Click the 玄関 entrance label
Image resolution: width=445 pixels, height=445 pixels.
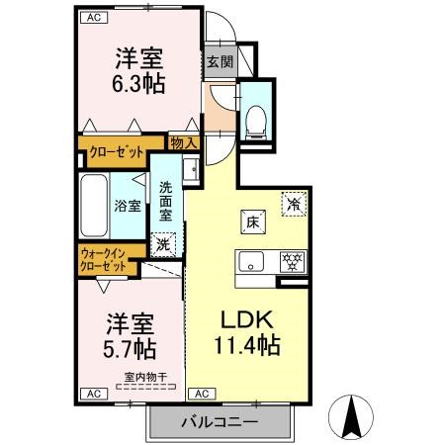click(x=220, y=61)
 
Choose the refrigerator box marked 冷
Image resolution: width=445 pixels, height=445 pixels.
click(x=293, y=203)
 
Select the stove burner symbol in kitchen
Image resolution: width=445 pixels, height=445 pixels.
click(x=292, y=263)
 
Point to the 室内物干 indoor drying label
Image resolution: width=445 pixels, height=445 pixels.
click(x=143, y=375)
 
